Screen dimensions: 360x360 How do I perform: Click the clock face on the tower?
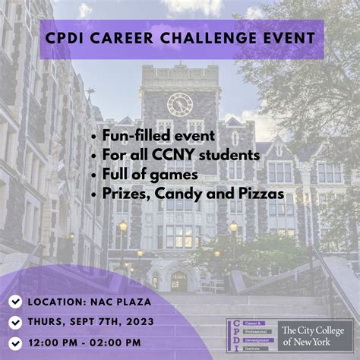tap(180, 104)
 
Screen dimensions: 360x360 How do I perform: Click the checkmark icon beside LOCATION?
tap(15, 302)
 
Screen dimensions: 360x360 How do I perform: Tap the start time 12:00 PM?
tap(55, 341)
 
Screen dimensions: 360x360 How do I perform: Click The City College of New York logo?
tap(316, 336)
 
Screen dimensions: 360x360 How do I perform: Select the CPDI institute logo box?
tap(251, 336)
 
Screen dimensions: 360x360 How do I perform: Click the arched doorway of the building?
tap(179, 282)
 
